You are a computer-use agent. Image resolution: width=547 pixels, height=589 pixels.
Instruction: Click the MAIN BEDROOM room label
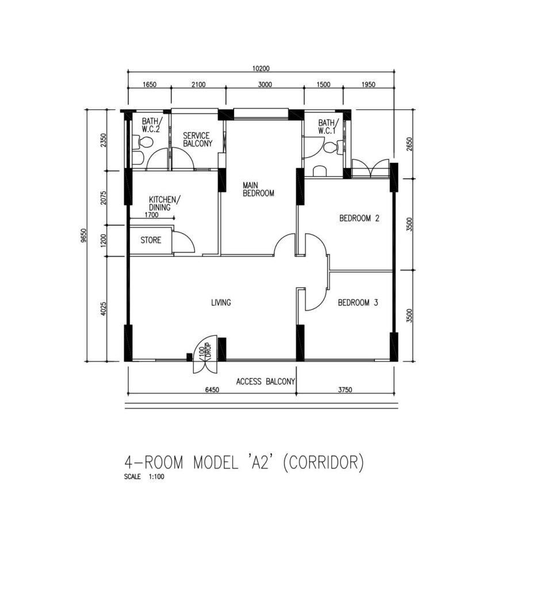tap(258, 189)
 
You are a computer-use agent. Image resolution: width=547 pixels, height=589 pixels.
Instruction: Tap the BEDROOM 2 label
tap(359, 218)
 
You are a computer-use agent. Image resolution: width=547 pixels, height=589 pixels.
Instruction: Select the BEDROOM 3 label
tap(358, 303)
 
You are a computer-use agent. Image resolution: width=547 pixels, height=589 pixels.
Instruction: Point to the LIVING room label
tap(221, 303)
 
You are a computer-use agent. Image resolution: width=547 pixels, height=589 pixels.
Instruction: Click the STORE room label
tap(151, 240)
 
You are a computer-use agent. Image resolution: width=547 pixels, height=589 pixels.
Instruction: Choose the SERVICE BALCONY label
tap(198, 139)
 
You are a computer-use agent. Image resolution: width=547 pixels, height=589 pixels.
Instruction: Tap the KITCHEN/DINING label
tap(165, 203)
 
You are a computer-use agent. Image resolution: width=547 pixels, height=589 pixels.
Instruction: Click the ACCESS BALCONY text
tap(266, 382)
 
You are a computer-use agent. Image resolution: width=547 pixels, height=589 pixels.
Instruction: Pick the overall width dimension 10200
tap(261, 68)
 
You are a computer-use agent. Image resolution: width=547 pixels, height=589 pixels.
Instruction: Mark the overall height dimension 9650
tap(84, 235)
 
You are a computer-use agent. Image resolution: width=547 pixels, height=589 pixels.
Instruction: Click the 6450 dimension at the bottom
tap(212, 390)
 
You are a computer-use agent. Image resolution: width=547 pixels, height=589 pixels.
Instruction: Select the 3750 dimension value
tap(345, 390)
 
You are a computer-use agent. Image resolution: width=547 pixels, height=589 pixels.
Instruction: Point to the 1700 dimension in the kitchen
tap(151, 215)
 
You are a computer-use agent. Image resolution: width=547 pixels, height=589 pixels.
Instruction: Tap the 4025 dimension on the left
tap(104, 309)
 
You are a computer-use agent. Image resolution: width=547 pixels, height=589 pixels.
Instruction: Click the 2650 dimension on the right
tap(410, 144)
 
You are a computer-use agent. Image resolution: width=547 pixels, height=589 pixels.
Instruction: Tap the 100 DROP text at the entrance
tap(205, 351)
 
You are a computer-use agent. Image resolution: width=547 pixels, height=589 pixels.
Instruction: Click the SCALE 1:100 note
tap(144, 477)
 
